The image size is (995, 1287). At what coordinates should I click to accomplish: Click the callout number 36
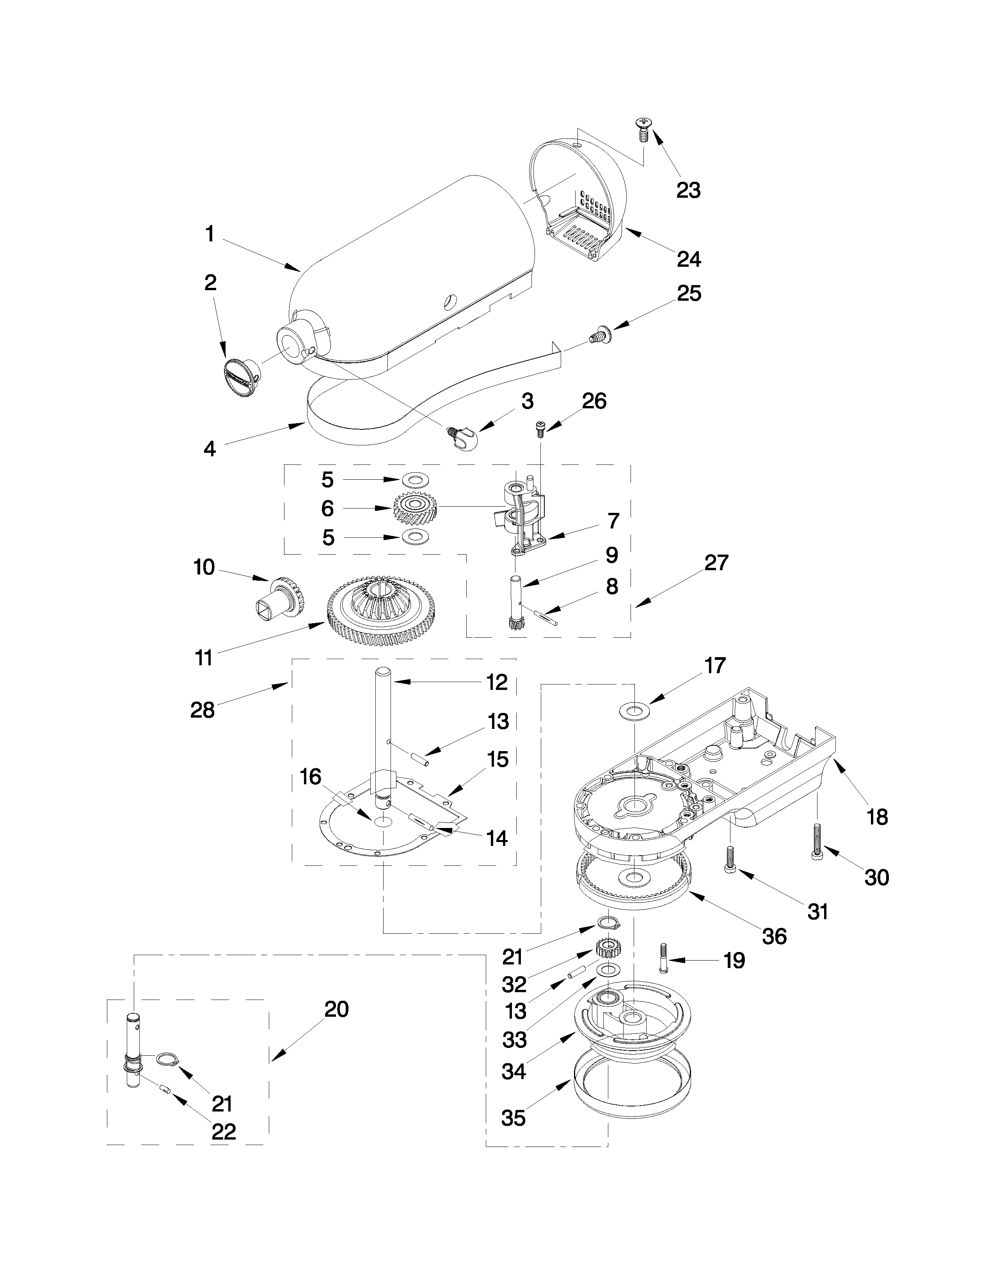pos(774,936)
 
